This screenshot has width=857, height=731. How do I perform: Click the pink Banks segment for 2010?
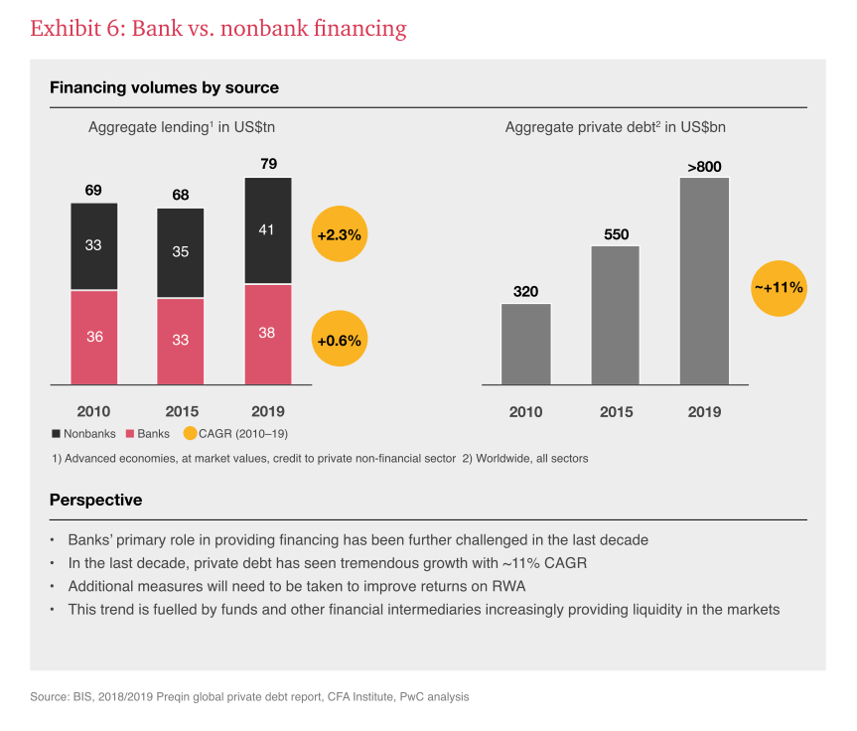[94, 337]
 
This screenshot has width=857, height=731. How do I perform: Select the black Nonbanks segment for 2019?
[267, 230]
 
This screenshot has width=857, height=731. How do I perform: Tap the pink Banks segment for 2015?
[181, 341]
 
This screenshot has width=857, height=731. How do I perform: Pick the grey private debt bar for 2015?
[615, 315]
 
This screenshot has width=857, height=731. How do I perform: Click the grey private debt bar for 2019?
[704, 281]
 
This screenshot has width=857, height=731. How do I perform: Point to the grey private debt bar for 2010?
[525, 344]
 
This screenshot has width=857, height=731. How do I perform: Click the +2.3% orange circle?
[339, 235]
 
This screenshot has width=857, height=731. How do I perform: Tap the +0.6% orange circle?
[339, 340]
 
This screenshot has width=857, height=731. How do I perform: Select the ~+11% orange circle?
[780, 288]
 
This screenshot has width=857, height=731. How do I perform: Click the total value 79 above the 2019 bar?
[268, 164]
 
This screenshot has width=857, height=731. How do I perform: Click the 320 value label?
[525, 292]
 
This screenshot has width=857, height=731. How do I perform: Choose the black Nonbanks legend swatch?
[56, 434]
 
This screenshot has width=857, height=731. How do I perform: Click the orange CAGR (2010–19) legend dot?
[191, 434]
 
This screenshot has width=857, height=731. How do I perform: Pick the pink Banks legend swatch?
[131, 434]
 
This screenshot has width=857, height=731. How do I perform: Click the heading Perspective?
[95, 500]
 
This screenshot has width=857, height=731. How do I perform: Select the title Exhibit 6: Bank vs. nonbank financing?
[218, 29]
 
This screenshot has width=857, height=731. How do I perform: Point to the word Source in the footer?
[49, 697]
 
